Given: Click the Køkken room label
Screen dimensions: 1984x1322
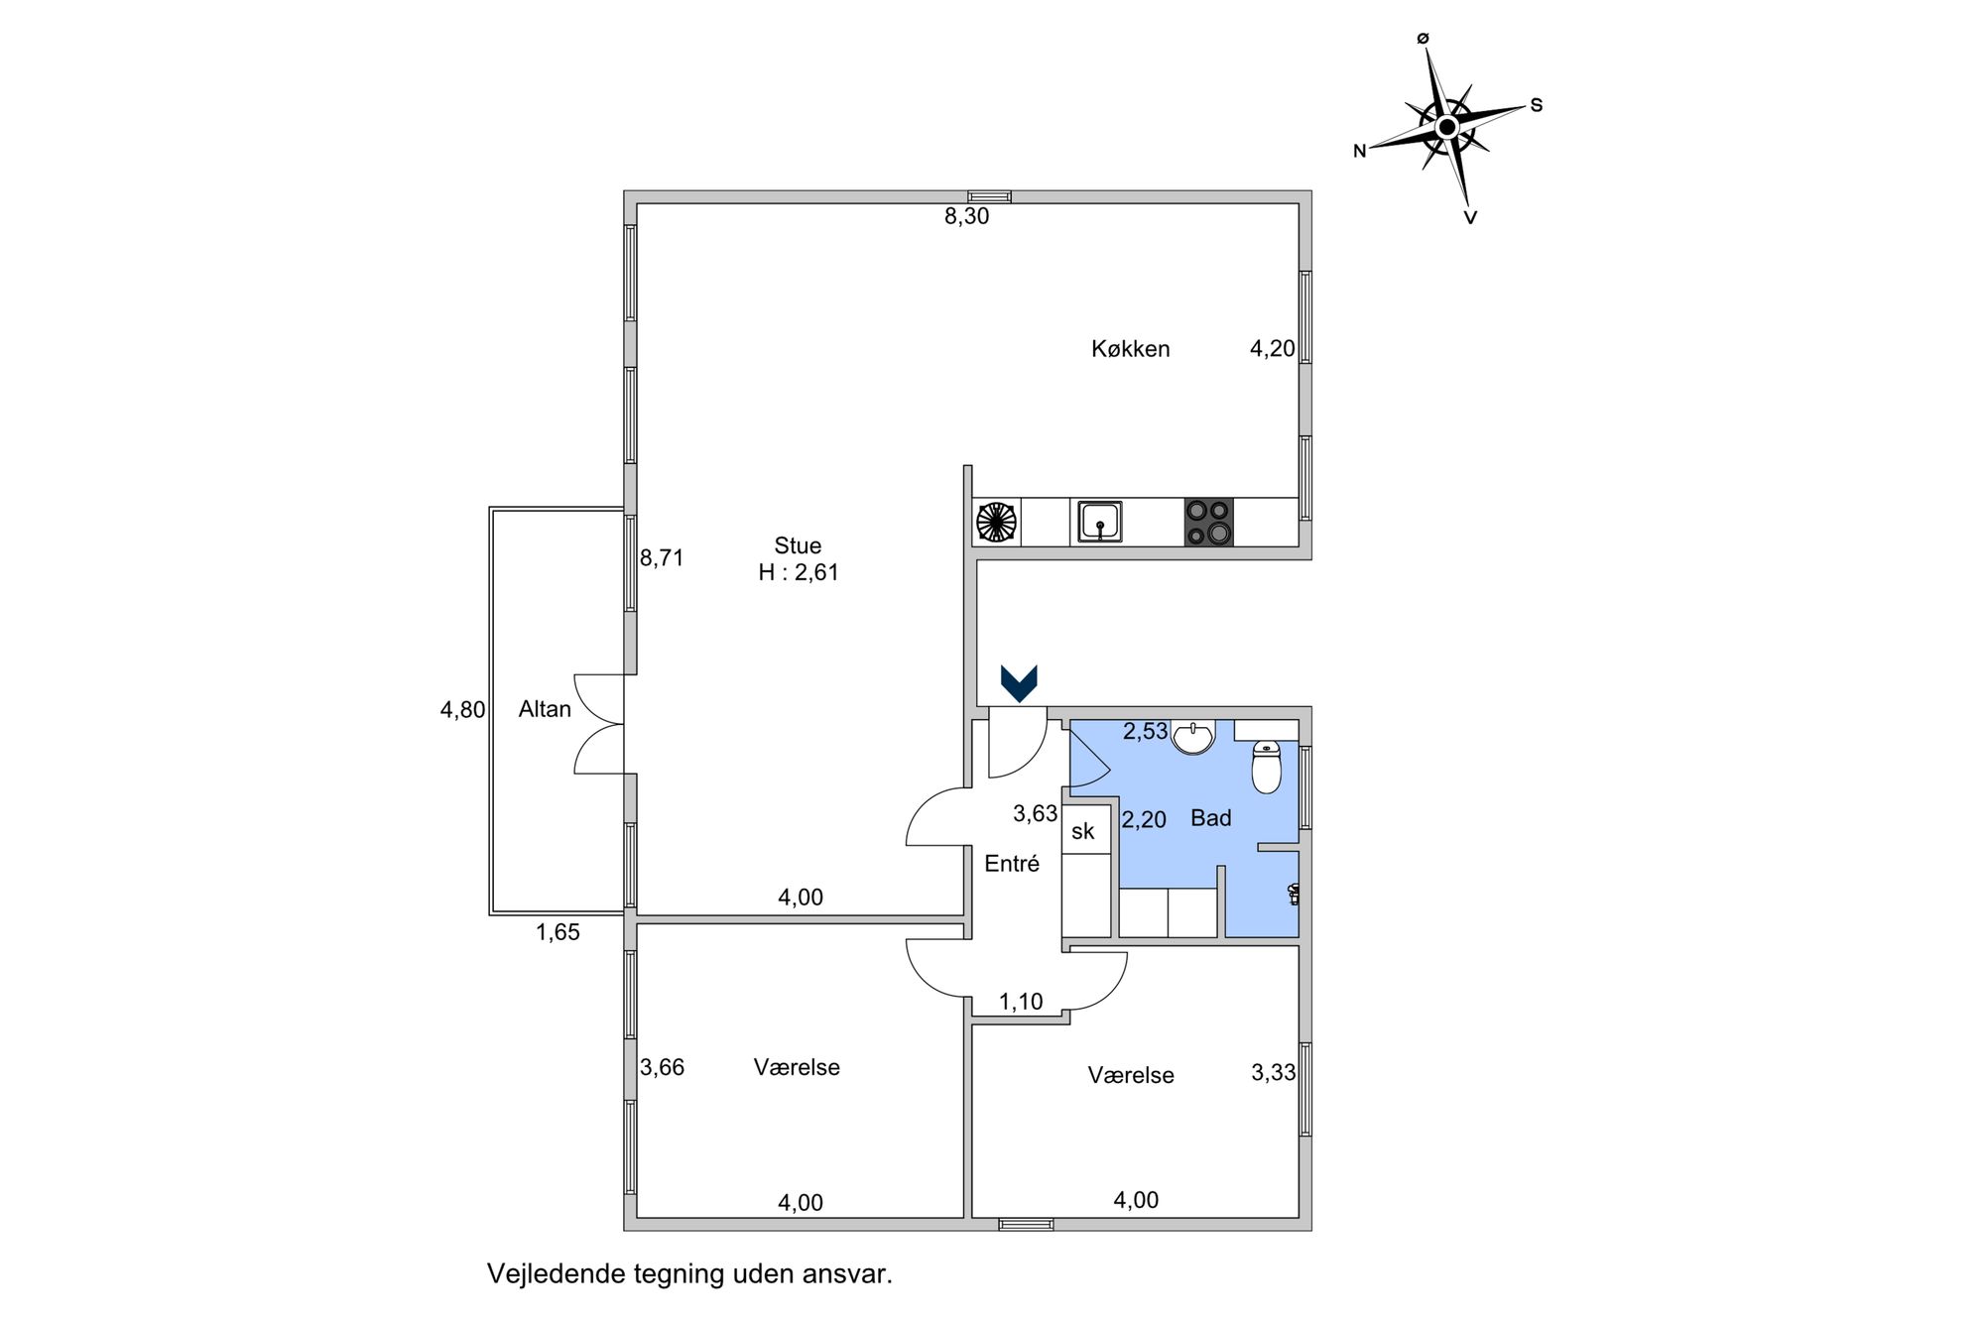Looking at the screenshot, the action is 1130,349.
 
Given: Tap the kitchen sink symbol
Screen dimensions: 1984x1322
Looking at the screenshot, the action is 1099,522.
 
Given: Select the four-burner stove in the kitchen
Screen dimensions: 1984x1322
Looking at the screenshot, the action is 1208,522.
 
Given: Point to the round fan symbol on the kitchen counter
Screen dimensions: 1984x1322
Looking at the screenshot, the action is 997,522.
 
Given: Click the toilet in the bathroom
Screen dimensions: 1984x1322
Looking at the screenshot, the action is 1267,767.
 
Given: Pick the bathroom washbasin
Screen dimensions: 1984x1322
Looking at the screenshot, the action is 1192,737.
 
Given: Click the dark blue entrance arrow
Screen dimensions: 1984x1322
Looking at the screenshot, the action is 1019,683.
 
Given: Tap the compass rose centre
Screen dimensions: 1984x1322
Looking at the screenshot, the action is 1447,127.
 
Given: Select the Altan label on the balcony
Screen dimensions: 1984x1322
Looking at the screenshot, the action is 545,709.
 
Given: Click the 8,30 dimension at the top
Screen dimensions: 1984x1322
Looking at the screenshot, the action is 966,216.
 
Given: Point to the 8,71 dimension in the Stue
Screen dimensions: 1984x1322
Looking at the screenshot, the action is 662,558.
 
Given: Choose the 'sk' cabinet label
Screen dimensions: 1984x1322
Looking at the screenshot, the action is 1082,831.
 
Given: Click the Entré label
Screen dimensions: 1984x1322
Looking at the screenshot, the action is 1012,864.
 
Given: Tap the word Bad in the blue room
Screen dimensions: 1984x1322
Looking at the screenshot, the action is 1211,818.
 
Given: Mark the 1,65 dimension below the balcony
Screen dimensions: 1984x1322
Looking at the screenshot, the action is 558,932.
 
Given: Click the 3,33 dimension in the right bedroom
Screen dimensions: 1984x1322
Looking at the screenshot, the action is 1274,1072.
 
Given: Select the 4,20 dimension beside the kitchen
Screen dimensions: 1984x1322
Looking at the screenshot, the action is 1273,348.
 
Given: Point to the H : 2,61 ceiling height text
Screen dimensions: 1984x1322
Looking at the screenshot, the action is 799,572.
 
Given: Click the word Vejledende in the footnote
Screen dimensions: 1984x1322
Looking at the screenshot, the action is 556,1274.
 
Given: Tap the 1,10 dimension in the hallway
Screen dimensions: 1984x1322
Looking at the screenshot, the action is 1021,1002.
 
